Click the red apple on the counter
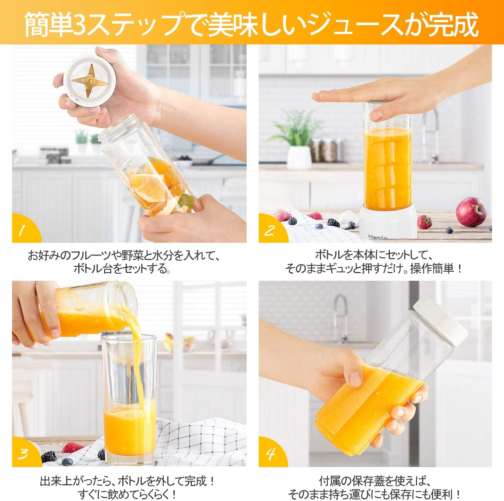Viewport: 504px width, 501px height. coord(471,212)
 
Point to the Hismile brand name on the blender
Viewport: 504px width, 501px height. coord(377,237)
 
